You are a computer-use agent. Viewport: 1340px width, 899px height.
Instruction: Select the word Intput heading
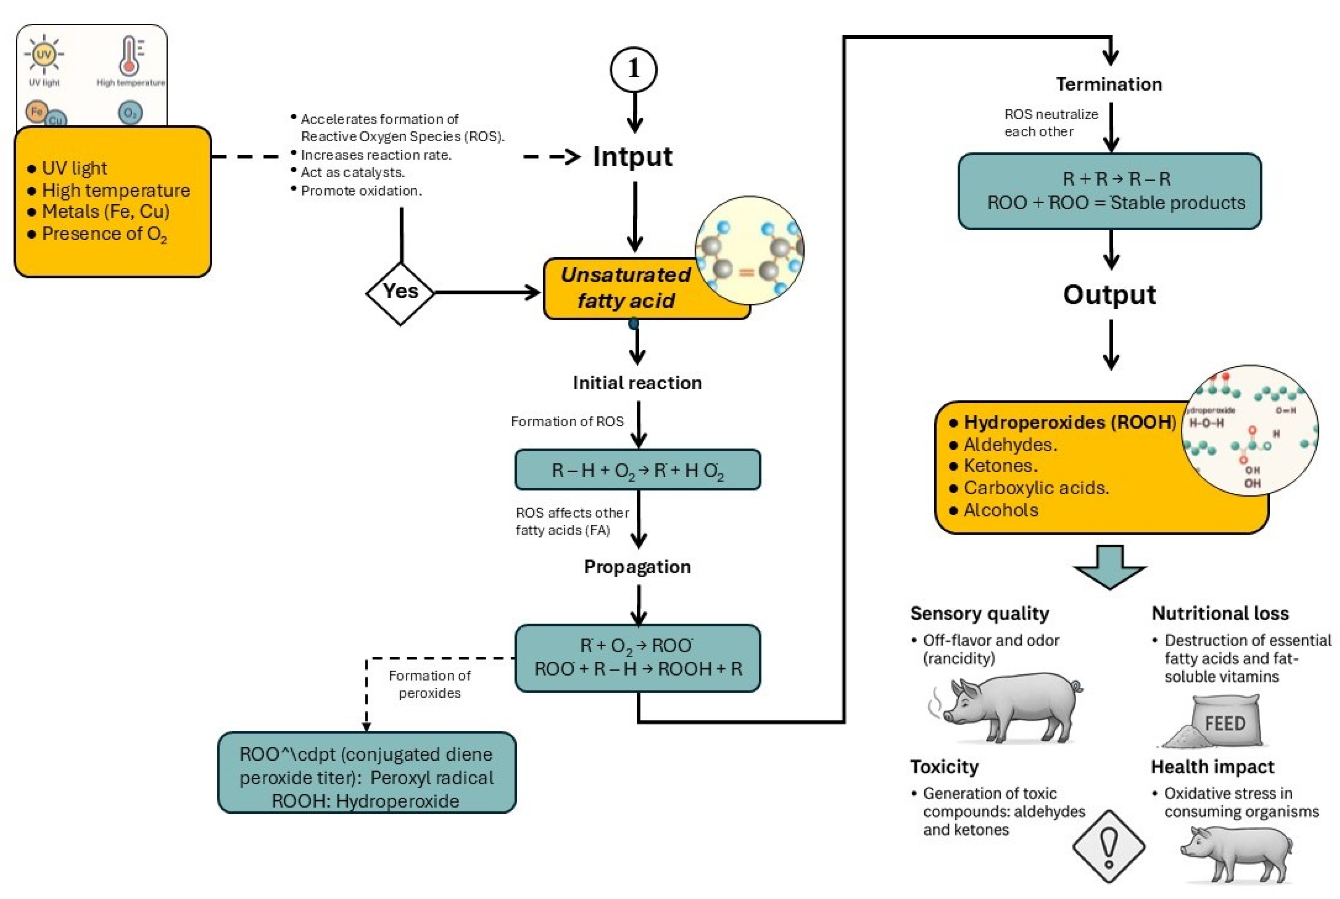point(632,157)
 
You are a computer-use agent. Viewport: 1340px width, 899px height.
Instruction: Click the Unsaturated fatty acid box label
point(626,288)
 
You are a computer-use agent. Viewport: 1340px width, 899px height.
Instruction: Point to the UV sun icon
point(44,55)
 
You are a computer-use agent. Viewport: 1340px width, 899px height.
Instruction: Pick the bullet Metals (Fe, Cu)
point(105,211)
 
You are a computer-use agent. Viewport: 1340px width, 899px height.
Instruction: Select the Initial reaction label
point(637,383)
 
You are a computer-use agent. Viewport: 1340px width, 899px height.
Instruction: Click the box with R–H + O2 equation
point(637,470)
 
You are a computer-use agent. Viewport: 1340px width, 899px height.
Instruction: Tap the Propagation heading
point(637,567)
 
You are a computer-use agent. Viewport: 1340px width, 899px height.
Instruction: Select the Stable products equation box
point(1109,191)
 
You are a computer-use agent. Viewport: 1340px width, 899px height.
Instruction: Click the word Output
point(1109,295)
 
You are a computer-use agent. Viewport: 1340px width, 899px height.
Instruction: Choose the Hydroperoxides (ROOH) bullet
point(1069,423)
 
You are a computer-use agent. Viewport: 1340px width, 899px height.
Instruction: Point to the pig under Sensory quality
point(1009,708)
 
